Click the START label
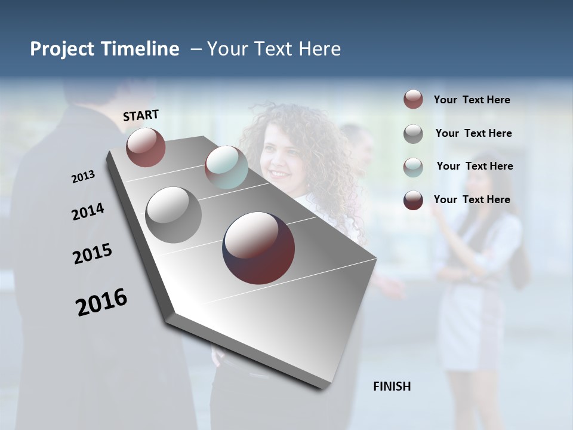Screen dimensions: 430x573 [x=141, y=115]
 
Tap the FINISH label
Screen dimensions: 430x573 [x=392, y=386]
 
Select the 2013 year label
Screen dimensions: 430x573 [x=83, y=176]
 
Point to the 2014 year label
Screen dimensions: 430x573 [x=88, y=211]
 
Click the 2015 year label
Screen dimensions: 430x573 [x=93, y=254]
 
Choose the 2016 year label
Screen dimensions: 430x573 [x=101, y=302]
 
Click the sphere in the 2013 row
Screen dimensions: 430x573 [x=146, y=147]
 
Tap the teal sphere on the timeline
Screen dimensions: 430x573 [x=226, y=167]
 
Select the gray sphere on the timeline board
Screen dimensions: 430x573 [x=173, y=215]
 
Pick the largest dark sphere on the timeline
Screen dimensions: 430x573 [x=258, y=248]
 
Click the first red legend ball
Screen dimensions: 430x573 [x=413, y=99]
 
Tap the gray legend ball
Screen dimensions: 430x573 [x=413, y=134]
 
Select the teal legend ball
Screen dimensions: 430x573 [x=413, y=167]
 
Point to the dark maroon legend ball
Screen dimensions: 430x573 [x=413, y=200]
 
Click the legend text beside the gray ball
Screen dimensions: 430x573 [x=473, y=133]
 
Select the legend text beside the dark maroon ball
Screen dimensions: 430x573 [x=472, y=199]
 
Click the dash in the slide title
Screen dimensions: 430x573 [x=196, y=49]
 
